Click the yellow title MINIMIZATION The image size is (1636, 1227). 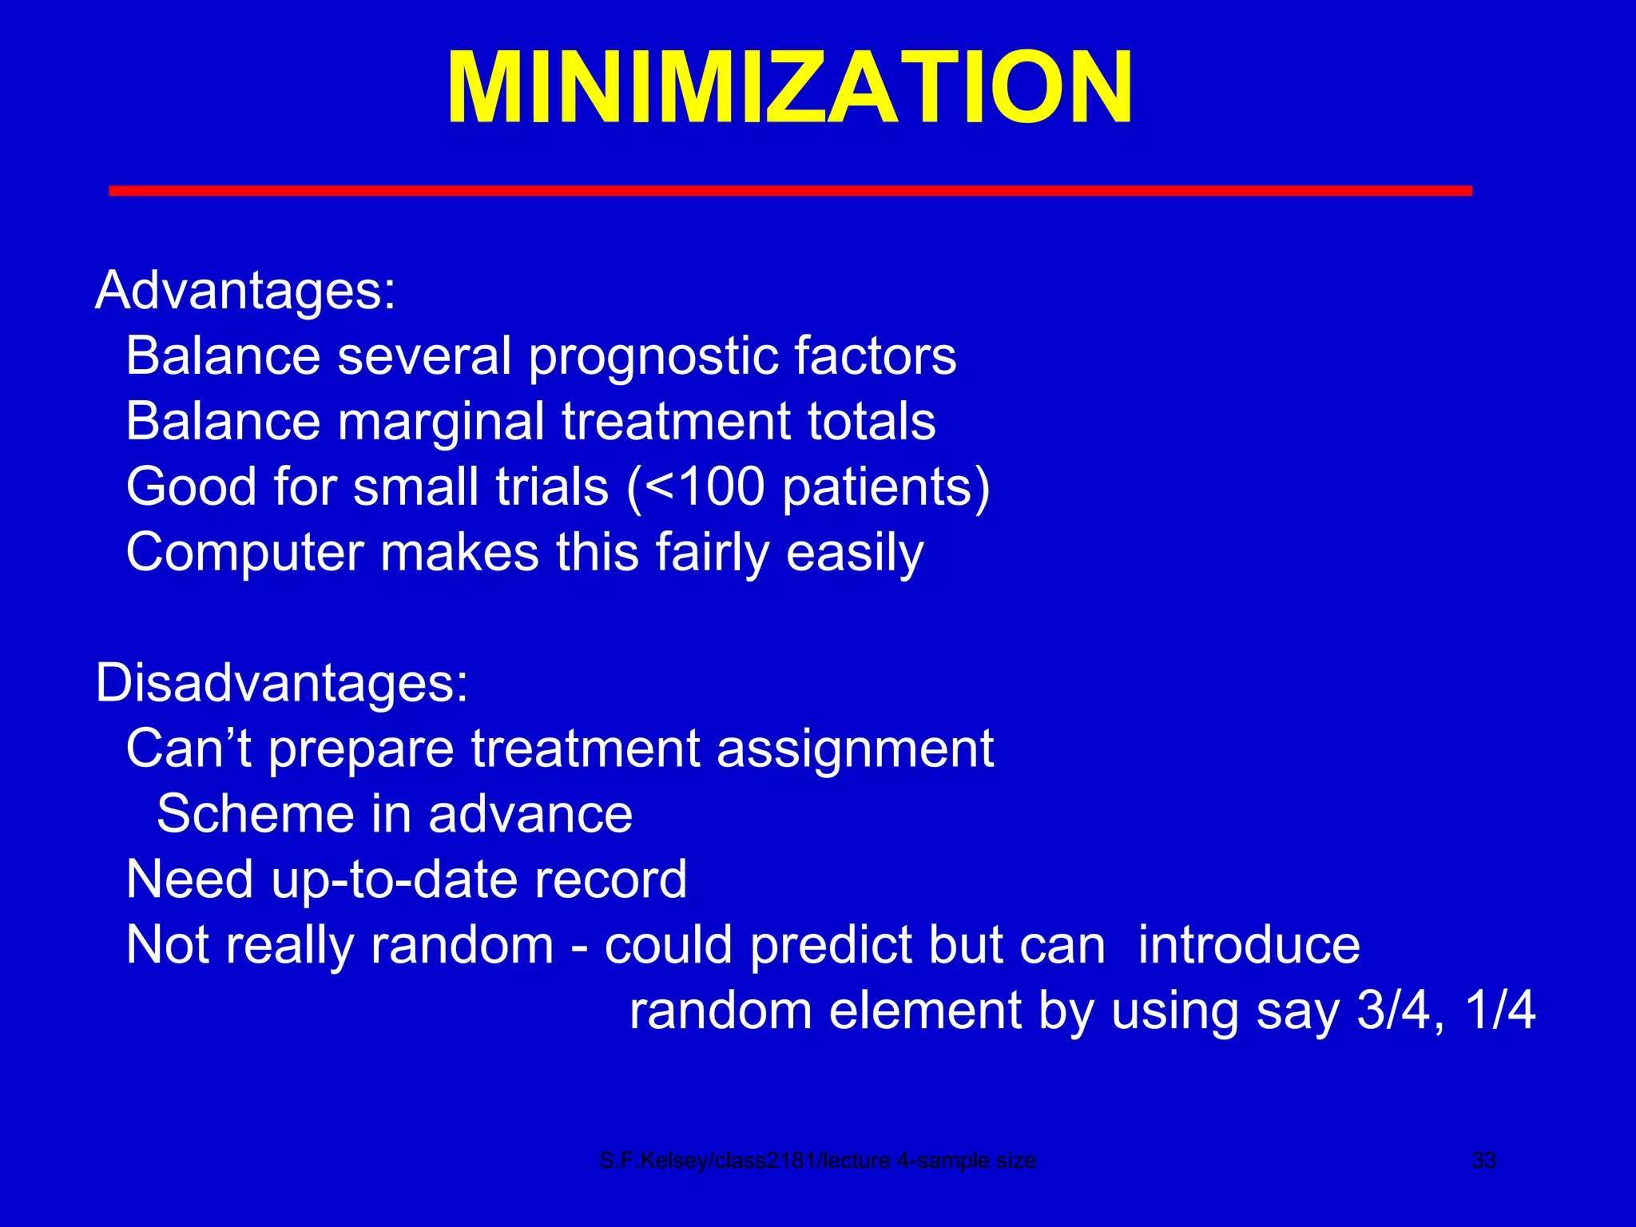(789, 88)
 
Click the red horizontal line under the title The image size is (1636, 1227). (789, 190)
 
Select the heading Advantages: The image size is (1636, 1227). (245, 291)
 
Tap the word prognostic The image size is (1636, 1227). (653, 357)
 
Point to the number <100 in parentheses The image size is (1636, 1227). (704, 487)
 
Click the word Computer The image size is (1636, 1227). (244, 553)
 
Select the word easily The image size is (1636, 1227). (854, 553)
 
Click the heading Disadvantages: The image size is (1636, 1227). (281, 684)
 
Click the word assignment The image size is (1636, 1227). (855, 749)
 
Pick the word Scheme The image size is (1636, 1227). (255, 814)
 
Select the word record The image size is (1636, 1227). (610, 880)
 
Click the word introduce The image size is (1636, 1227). (1248, 945)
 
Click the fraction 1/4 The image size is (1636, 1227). (1499, 1011)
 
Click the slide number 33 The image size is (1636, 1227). (1483, 1161)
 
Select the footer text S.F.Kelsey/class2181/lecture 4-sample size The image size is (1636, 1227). (817, 1161)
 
